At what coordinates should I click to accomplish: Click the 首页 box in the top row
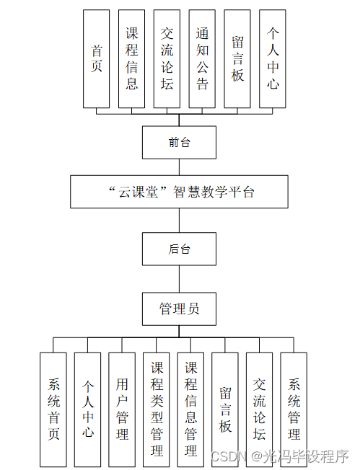point(97,59)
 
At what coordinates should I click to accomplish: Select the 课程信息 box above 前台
point(132,59)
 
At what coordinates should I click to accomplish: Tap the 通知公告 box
point(203,59)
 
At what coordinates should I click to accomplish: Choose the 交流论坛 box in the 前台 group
point(167,59)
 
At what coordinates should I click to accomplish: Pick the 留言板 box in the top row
point(238,59)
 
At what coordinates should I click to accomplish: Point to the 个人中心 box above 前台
point(273,59)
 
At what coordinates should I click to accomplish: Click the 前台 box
point(179,142)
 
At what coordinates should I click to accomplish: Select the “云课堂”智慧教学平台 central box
point(179,191)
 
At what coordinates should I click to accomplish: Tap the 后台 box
point(179,249)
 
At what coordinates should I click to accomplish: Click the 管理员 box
point(179,309)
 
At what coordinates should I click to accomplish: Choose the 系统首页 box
point(53,409)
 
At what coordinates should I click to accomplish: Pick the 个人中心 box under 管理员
point(88,409)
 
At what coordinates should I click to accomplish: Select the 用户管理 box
point(122,409)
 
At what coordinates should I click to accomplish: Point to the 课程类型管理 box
point(157,409)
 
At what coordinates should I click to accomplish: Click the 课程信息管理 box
point(191,409)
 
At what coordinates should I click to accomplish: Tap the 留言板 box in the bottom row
point(225,409)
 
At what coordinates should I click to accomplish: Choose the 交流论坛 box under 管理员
point(260,409)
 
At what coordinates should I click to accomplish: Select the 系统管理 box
point(294,409)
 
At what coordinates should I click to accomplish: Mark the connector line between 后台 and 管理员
point(179,279)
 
